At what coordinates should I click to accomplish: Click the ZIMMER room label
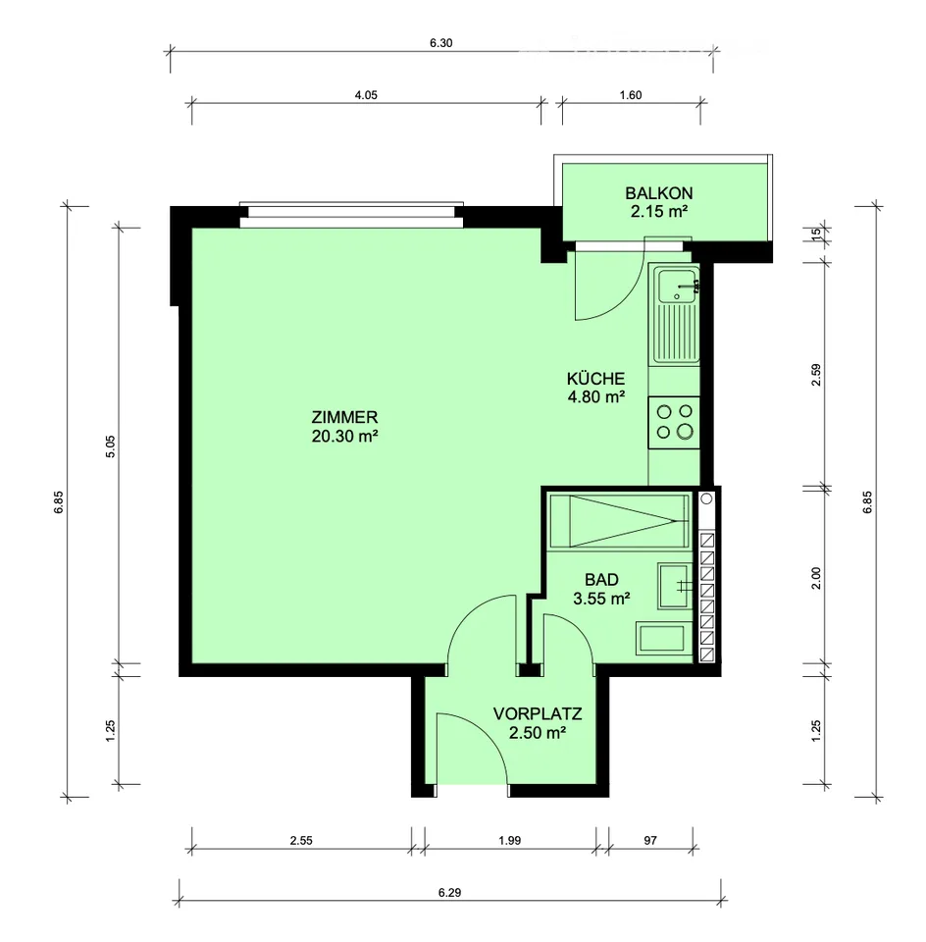click(x=344, y=426)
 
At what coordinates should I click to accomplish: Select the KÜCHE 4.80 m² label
click(x=595, y=388)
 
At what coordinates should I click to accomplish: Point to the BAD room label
click(x=601, y=589)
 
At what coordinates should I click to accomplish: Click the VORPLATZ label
click(x=538, y=723)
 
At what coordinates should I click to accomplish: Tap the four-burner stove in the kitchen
click(x=674, y=422)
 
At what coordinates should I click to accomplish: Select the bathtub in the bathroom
click(x=619, y=521)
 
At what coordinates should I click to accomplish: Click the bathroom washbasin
click(x=675, y=586)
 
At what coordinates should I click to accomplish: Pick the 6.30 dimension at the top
click(x=440, y=43)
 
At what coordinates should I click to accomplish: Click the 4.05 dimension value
click(x=366, y=95)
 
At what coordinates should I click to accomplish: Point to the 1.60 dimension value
click(x=631, y=95)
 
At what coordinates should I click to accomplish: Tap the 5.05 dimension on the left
click(x=110, y=446)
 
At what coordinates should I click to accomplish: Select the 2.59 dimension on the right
click(x=815, y=375)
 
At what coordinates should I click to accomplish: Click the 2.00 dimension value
click(x=815, y=578)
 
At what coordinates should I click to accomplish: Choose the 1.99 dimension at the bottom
click(x=509, y=841)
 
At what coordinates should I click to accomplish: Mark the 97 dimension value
click(x=650, y=841)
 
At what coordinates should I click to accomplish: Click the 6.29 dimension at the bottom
click(x=449, y=893)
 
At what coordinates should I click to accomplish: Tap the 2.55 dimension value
click(x=301, y=841)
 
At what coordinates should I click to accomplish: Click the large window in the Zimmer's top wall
click(x=351, y=215)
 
